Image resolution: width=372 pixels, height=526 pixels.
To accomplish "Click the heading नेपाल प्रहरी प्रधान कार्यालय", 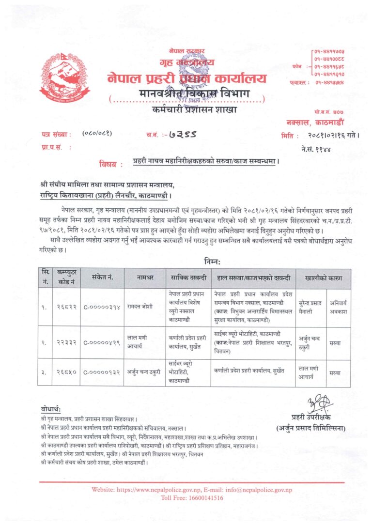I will [186, 78].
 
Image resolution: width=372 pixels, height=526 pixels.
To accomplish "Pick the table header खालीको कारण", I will [323, 278].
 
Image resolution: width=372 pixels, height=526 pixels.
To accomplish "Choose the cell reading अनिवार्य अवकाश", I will [339, 306].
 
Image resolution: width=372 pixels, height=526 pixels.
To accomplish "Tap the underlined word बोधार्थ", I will [50, 410].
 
